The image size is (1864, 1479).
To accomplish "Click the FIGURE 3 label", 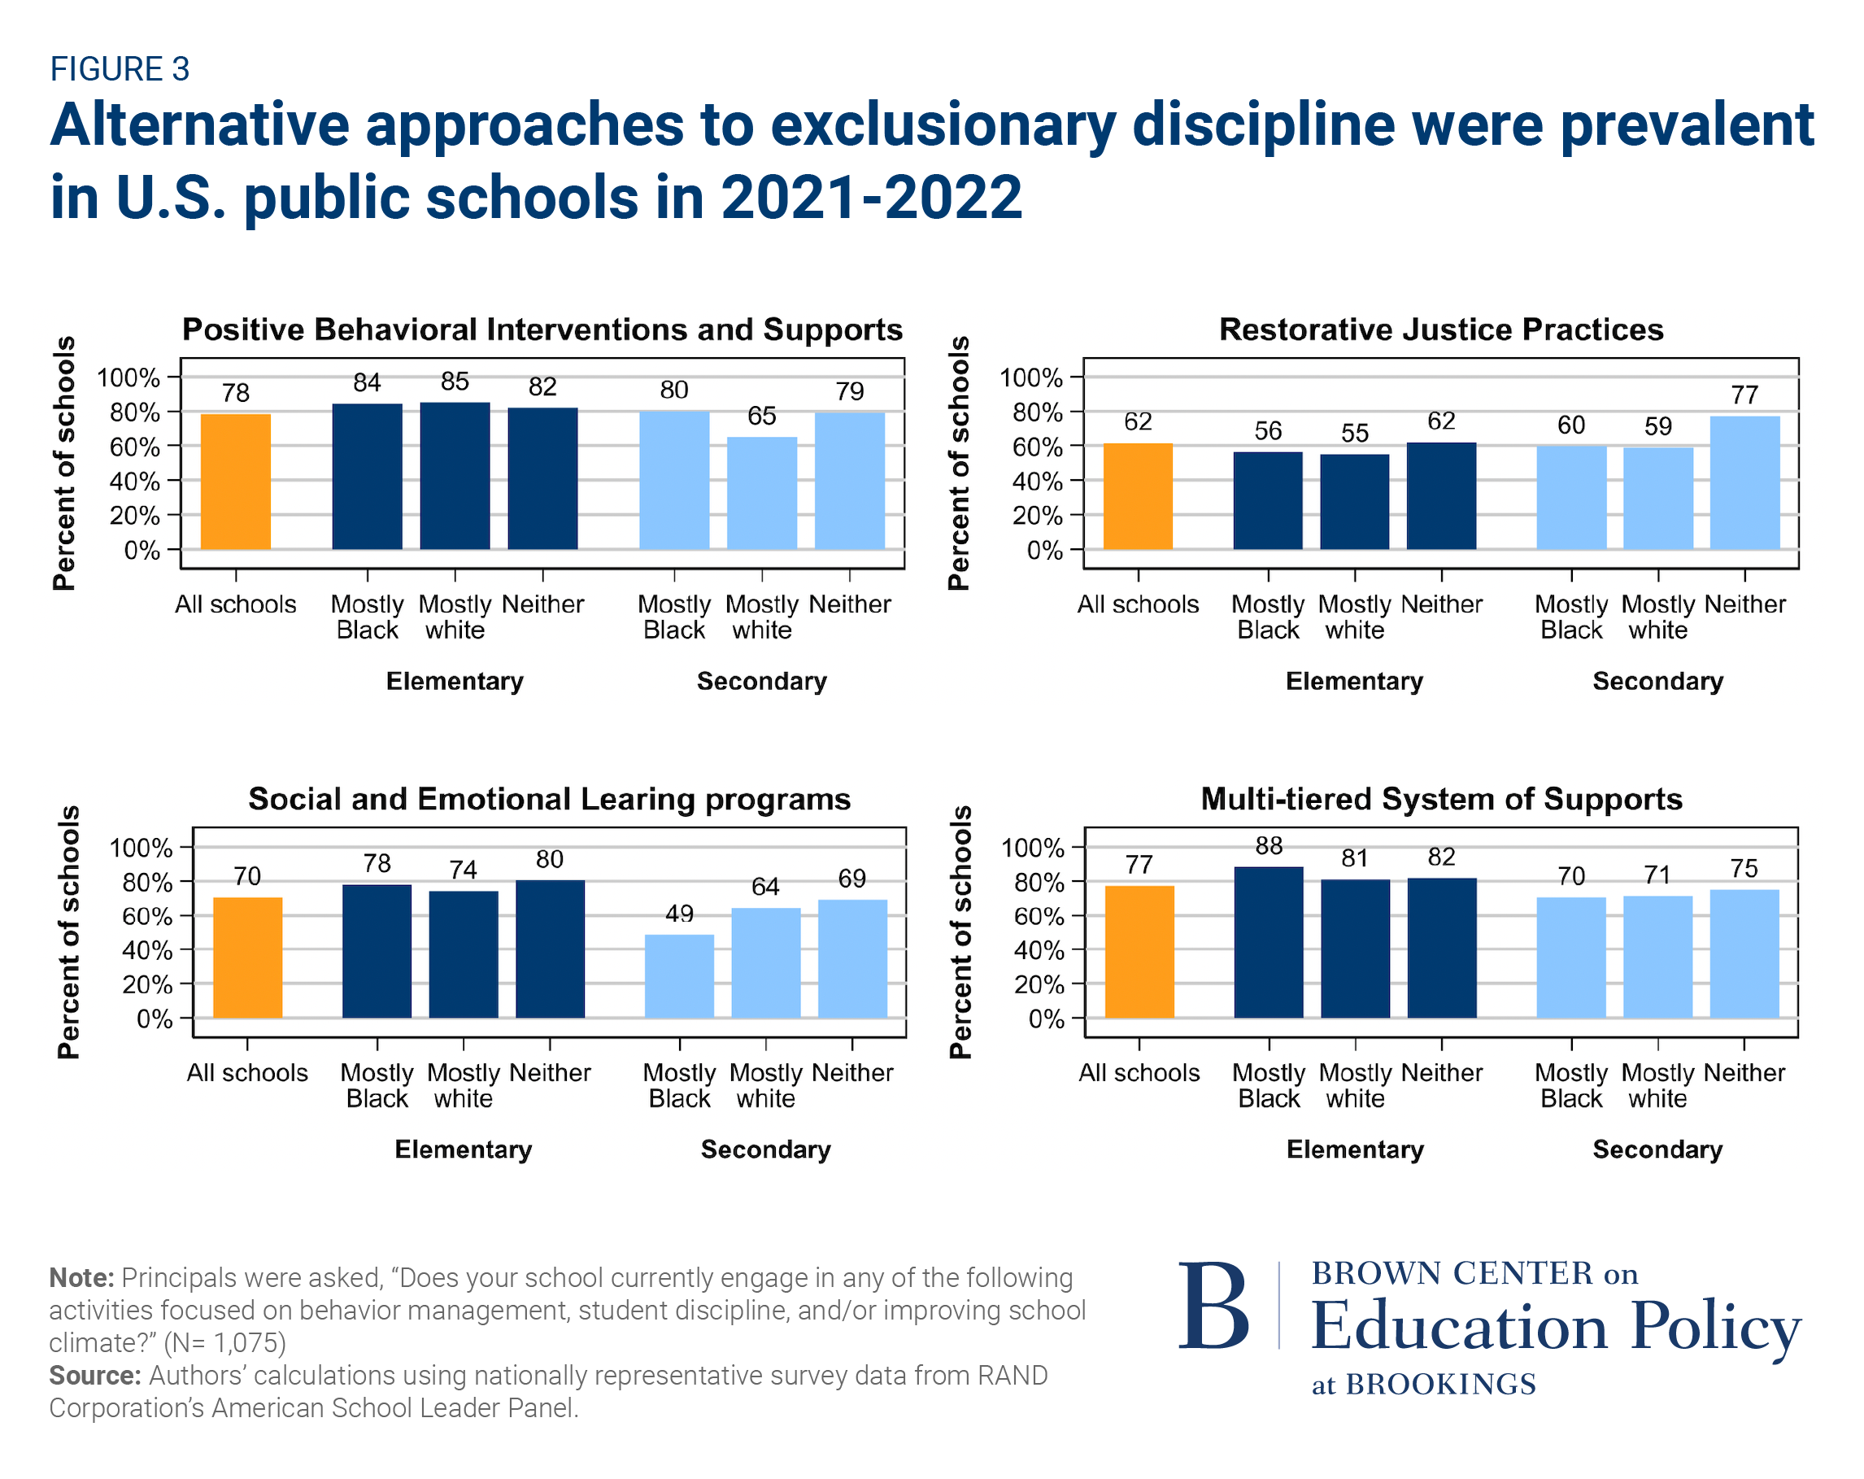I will (x=120, y=69).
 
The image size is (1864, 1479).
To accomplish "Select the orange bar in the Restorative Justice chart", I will (x=1138, y=496).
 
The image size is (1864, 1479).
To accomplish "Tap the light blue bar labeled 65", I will (x=762, y=493).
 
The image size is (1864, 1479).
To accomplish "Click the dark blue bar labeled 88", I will (x=1269, y=942).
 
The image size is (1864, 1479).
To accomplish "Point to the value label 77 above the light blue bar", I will (x=1744, y=395).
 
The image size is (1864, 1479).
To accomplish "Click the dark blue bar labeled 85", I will (x=455, y=476).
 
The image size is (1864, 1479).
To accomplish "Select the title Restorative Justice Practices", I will (x=1440, y=329).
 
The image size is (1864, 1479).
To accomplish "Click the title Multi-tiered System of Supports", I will (x=1441, y=798).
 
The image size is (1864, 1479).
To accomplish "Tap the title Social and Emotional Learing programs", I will (x=549, y=798).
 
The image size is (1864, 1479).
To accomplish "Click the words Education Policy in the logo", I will (x=1554, y=1325).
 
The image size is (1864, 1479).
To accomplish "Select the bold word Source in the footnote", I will (x=94, y=1375).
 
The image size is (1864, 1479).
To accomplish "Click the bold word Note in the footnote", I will (x=81, y=1277).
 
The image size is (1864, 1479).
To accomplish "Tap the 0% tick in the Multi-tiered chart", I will (x=1046, y=1019).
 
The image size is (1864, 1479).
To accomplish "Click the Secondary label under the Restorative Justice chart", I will (x=1657, y=682).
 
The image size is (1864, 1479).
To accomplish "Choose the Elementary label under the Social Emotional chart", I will (x=464, y=1150).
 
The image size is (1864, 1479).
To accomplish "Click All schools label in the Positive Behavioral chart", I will (x=235, y=604).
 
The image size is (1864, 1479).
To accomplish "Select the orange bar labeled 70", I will (x=247, y=958).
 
